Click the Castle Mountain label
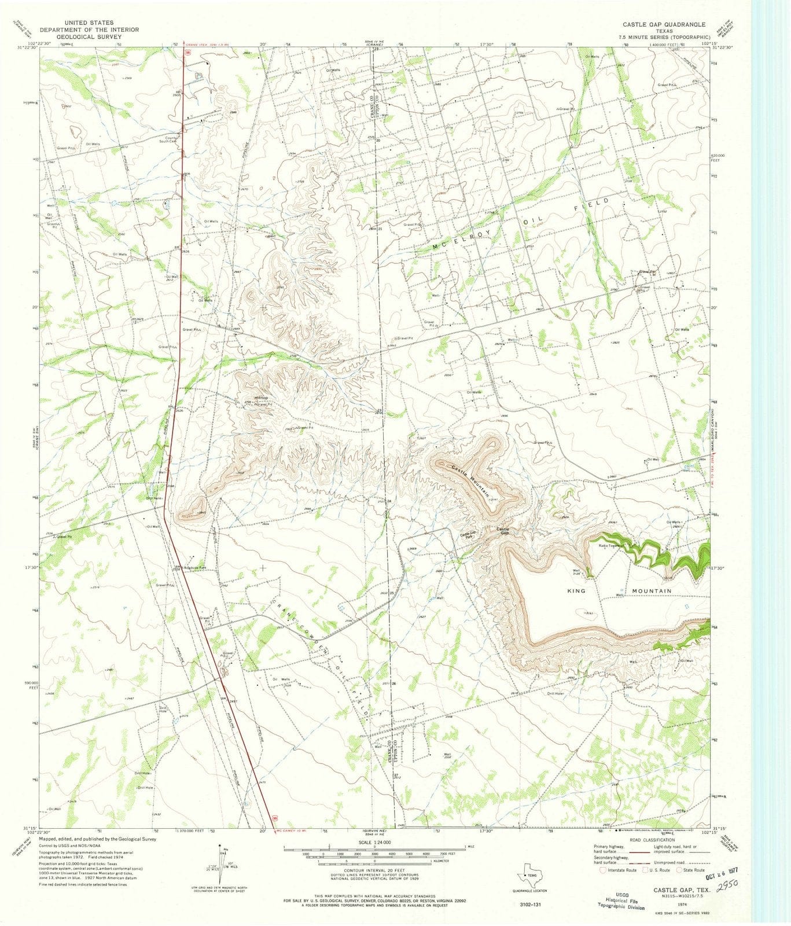472,480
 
